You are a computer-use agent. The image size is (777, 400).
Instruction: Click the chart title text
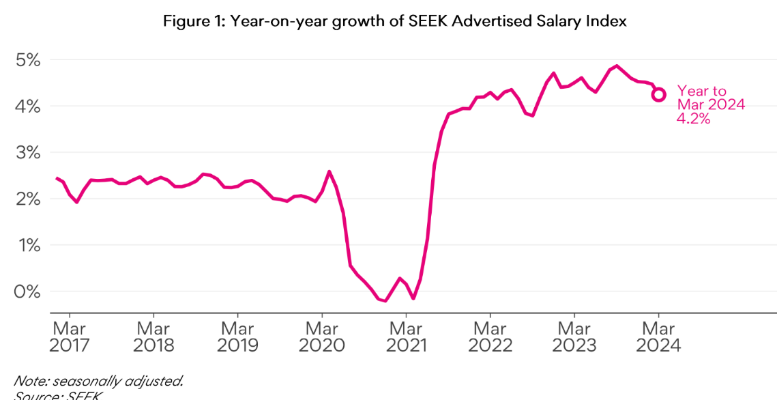394,21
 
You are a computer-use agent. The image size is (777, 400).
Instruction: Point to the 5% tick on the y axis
28,60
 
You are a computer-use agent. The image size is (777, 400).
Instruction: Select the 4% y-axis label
28,106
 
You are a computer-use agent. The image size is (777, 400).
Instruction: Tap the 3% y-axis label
28,153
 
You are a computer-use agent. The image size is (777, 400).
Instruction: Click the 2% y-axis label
28,199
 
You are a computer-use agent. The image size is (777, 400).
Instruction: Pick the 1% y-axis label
28,245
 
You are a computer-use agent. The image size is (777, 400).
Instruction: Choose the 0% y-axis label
28,291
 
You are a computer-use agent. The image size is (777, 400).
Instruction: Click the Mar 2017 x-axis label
70,337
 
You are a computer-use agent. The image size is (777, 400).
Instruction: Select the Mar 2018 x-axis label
153,337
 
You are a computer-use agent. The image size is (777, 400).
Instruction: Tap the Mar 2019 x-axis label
237,337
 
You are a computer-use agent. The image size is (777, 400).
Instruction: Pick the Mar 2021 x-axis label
406,337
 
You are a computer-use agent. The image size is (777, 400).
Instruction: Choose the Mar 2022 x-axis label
490,337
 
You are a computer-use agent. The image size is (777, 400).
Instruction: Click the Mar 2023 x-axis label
574,337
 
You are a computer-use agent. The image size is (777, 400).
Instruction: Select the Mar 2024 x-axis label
658,337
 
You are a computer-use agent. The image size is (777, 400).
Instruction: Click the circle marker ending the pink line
658,95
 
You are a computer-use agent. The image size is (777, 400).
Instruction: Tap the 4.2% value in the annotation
694,119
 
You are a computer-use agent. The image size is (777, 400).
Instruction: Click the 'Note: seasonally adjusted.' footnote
98,381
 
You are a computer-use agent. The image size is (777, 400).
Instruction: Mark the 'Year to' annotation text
701,91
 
